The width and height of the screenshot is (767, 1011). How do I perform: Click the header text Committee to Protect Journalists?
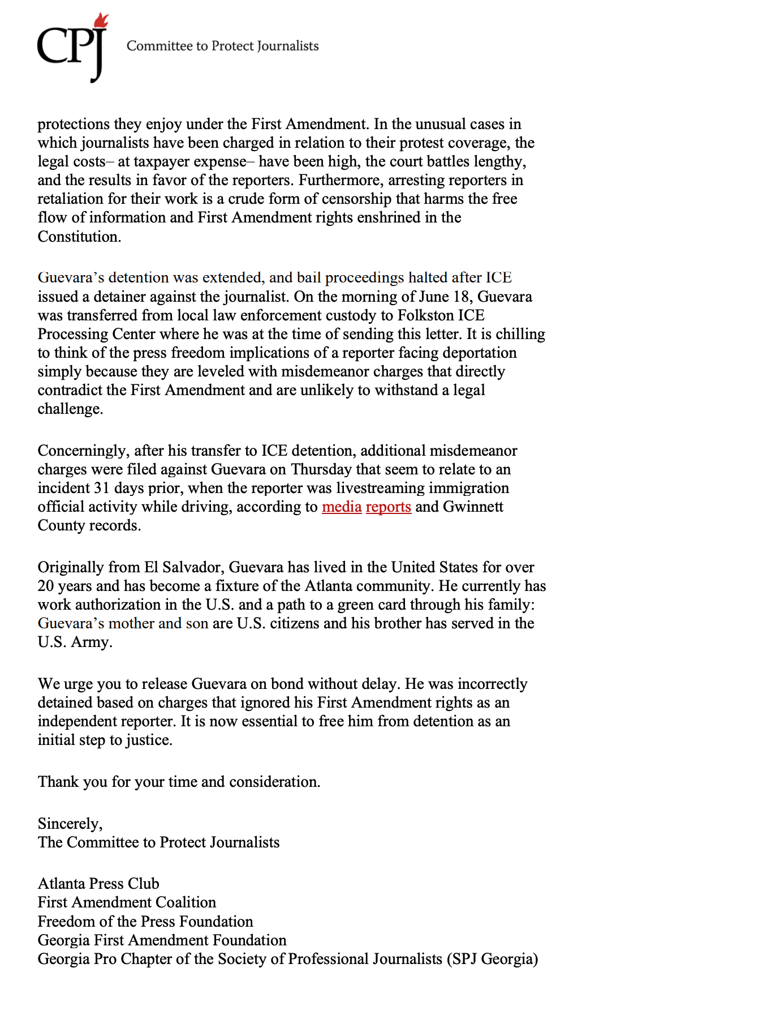222,46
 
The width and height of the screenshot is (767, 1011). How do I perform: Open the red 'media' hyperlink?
342,507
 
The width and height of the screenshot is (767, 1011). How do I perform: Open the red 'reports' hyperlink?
389,507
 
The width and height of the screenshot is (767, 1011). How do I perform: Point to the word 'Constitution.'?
80,237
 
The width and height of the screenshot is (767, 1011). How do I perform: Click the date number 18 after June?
462,297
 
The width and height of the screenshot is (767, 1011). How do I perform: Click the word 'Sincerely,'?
70,824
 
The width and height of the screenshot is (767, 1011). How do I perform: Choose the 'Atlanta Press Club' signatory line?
98,884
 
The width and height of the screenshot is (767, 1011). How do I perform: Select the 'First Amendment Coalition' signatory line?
127,902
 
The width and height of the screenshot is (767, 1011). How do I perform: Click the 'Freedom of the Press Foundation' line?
145,922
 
